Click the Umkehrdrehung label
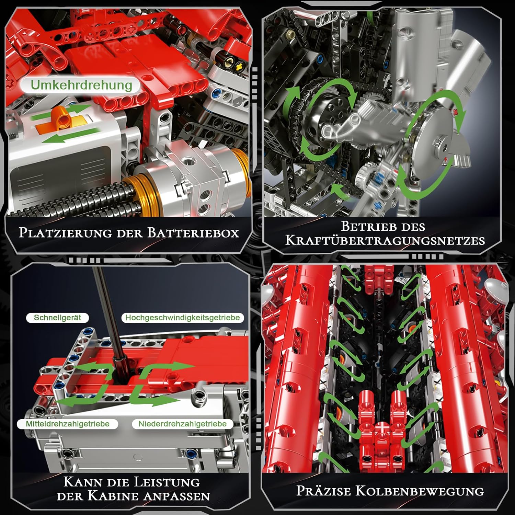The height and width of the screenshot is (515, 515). (x=81, y=85)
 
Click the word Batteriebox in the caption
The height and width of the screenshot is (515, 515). (x=193, y=233)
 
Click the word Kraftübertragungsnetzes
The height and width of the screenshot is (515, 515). (x=385, y=240)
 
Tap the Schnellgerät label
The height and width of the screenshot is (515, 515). (x=57, y=318)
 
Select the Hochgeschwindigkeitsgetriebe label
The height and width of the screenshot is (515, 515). (x=182, y=318)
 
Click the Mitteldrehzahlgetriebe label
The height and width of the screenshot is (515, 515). (x=68, y=424)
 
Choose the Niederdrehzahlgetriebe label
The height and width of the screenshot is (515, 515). (x=182, y=424)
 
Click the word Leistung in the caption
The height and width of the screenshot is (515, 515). (x=166, y=482)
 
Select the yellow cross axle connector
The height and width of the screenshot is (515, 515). (x=241, y=65)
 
